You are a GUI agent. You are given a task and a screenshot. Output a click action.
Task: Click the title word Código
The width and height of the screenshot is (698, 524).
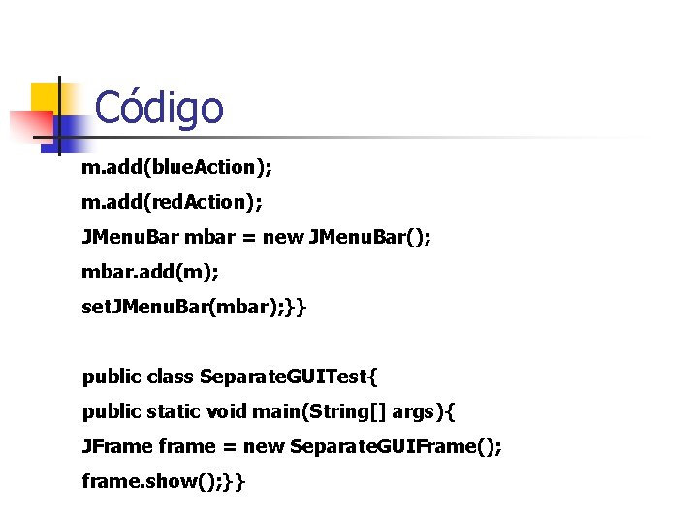click(159, 108)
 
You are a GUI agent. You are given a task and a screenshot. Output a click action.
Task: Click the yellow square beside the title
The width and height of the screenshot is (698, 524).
click(48, 98)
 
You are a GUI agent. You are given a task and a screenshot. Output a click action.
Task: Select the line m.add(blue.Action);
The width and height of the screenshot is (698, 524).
click(176, 168)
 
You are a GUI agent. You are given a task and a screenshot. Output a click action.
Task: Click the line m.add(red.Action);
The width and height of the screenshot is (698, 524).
click(172, 202)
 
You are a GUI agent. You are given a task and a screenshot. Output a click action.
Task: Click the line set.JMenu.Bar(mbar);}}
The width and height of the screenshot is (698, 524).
click(194, 308)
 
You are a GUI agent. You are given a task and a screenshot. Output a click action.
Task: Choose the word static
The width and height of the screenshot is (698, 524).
click(174, 411)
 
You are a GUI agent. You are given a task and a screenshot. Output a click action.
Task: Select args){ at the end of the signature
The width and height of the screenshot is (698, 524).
click(423, 412)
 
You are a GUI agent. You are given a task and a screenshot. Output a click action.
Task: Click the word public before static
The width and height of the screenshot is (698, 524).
click(111, 411)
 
